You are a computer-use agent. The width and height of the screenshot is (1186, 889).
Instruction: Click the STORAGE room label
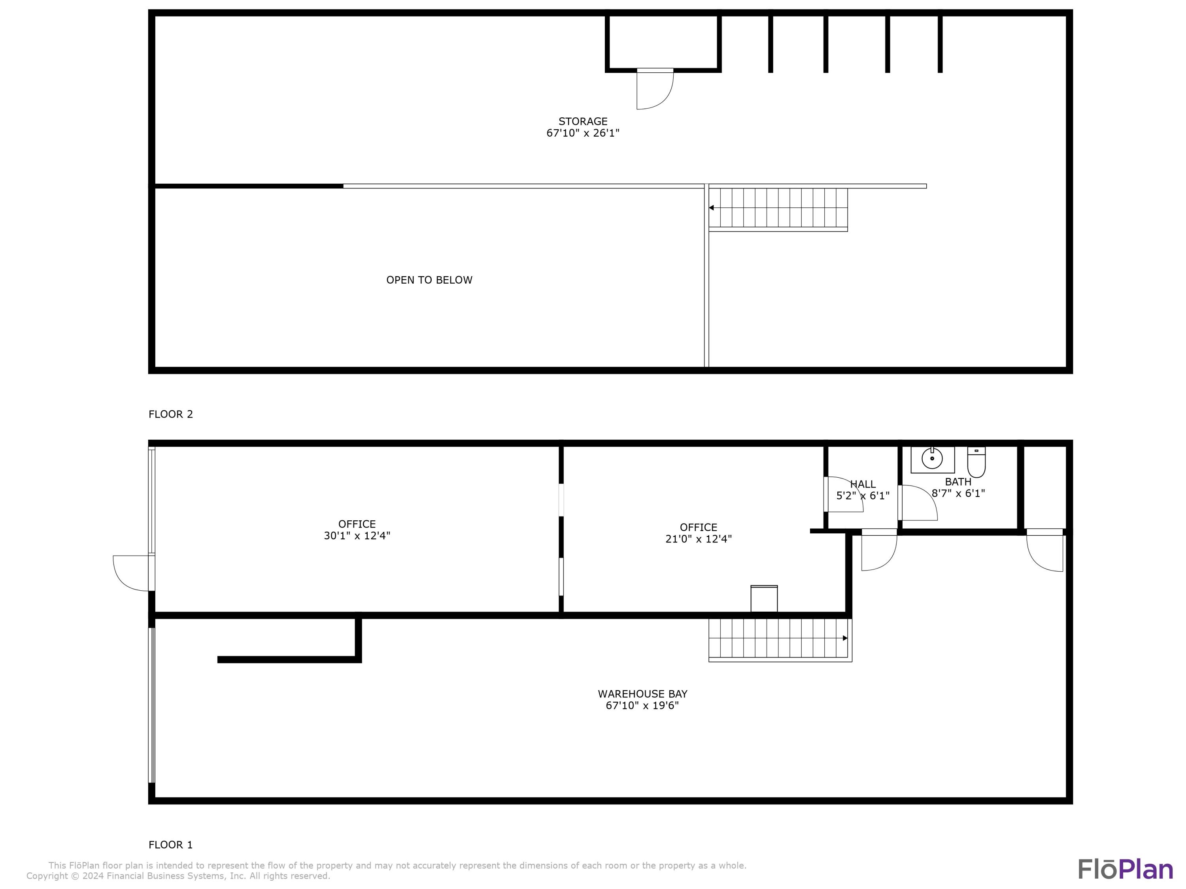583,122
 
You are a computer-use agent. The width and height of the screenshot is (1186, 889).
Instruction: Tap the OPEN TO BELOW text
429,280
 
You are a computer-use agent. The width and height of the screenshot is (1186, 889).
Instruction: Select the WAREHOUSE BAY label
642,693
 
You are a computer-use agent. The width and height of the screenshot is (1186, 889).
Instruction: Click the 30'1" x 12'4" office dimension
357,535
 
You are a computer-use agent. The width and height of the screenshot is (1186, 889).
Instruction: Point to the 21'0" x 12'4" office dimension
698,539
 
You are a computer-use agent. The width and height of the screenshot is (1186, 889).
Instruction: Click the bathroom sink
932,459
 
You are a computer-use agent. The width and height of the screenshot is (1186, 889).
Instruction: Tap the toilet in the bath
976,462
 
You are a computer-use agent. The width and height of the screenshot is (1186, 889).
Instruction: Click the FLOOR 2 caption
170,414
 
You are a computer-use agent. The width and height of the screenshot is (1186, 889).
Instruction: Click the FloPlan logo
1126,869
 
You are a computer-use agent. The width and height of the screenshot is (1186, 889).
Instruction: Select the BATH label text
958,482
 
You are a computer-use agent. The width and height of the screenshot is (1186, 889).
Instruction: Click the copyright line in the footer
178,876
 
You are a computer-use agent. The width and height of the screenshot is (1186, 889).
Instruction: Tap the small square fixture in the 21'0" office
764,599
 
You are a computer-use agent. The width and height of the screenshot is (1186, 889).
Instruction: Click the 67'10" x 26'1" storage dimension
583,133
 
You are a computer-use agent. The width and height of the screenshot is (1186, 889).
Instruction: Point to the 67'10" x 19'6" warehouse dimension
642,705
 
